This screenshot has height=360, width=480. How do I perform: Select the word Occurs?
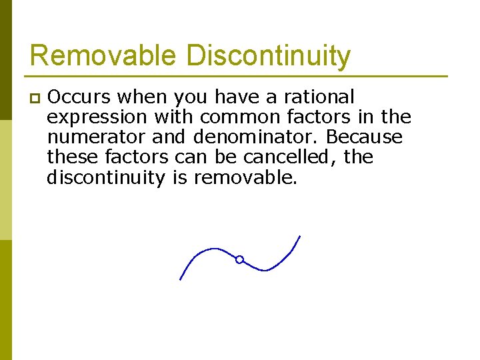[x=78, y=97]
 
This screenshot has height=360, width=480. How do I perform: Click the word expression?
[x=97, y=118]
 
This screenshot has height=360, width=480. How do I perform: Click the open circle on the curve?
[x=239, y=259]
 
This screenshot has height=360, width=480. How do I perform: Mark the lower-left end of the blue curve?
[x=181, y=279]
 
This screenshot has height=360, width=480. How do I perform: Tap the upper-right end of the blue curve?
[x=299, y=237]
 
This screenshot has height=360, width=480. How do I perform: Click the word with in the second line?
[x=174, y=117]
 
